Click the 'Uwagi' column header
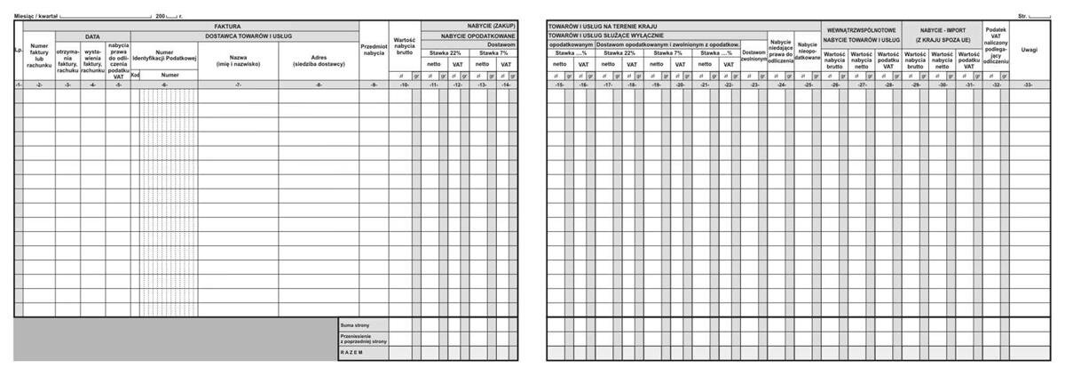(1029, 50)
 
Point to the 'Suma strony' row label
(355, 325)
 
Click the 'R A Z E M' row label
(352, 353)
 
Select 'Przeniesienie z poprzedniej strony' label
(363, 339)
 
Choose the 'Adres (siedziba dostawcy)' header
(319, 60)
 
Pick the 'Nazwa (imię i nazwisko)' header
(238, 60)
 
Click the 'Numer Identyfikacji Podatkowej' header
(164, 56)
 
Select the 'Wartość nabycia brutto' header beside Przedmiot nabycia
(405, 46)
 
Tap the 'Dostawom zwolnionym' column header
(753, 56)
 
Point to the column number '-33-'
(1029, 84)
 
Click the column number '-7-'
(238, 84)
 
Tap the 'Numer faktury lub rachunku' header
(39, 56)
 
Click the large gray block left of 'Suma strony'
(175, 339)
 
